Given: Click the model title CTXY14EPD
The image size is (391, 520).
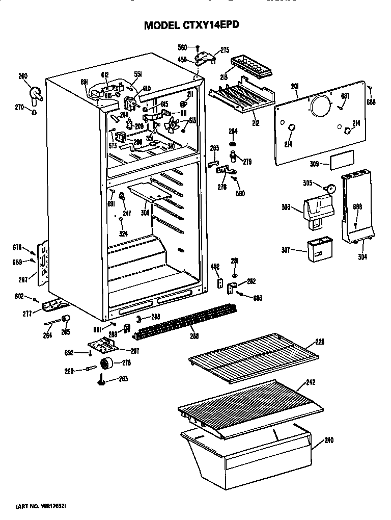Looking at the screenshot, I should point(191,25).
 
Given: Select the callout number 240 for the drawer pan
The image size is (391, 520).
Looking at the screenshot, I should point(328,440).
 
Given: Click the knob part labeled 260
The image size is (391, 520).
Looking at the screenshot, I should point(36,93).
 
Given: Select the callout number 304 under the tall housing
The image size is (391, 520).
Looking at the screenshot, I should point(362,257).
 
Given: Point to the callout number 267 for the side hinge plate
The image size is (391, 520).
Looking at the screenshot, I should point(22,279).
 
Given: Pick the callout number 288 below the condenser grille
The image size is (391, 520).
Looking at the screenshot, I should point(194,336).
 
